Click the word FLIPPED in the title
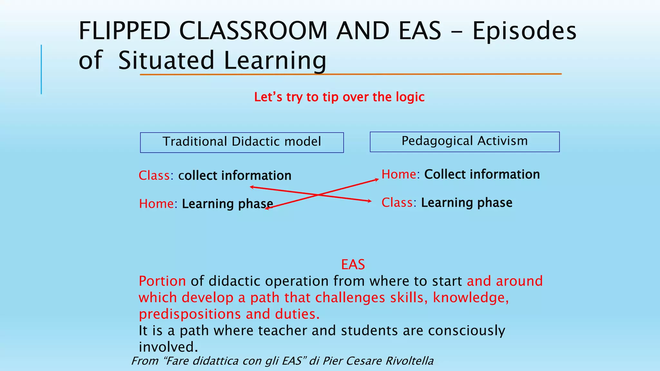coord(124,31)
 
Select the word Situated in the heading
coord(166,60)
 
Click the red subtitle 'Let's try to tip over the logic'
coord(339,97)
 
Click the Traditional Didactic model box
coord(242,142)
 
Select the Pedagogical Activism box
coord(464,142)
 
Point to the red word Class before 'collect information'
coord(154,176)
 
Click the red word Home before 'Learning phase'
coord(156,204)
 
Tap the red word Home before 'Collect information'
coord(399,175)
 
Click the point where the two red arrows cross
coord(318,195)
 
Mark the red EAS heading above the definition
coord(353,265)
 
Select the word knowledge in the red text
coord(470,298)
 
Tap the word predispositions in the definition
coord(190,314)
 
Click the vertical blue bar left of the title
coord(41,69)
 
